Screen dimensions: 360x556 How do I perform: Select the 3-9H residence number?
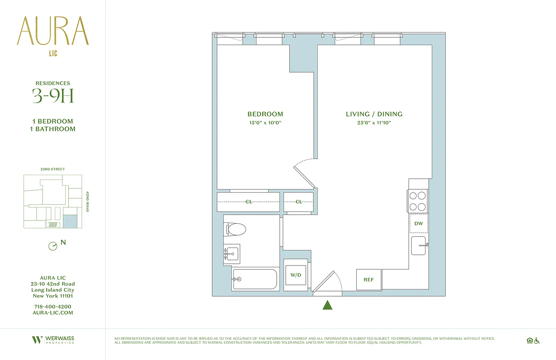[x=53, y=96]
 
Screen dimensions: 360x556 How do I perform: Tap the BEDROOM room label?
[x=265, y=114]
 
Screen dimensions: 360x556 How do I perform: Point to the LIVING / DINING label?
[x=374, y=114]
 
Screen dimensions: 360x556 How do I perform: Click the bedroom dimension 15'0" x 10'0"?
[x=265, y=122]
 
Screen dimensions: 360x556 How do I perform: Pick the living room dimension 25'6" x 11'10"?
[x=374, y=122]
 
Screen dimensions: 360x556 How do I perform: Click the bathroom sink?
[x=232, y=254]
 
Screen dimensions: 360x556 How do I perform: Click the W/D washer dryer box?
[x=295, y=275]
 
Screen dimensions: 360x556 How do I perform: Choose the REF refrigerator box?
[x=368, y=279]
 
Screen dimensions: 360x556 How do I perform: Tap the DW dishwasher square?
[x=418, y=224]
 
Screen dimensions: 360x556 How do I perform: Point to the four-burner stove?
[x=417, y=201]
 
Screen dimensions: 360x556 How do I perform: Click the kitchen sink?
[x=418, y=246]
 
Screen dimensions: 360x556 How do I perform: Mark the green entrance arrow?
[x=327, y=305]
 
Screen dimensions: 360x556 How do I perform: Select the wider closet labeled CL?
[x=248, y=202]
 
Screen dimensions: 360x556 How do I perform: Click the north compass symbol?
[x=53, y=246]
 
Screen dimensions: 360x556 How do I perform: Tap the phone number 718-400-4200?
[x=53, y=306]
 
